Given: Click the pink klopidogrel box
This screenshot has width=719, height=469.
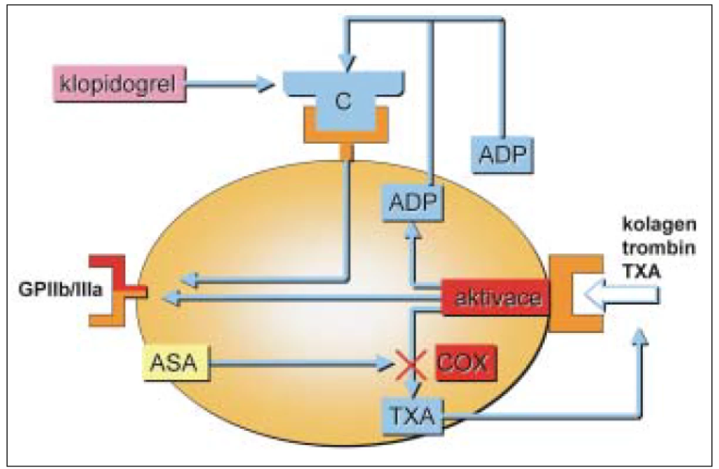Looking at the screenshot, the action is (119, 84).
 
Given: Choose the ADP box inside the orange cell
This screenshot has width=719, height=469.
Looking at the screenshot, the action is (413, 202).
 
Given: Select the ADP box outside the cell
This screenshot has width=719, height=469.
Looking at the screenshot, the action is (502, 155).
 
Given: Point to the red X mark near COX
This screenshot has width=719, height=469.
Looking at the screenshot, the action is (410, 365).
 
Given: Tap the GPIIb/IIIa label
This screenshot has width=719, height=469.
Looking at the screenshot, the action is (60, 290).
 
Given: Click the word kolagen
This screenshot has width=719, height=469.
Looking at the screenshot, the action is (659, 225).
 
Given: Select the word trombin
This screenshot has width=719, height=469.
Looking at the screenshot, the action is (659, 248).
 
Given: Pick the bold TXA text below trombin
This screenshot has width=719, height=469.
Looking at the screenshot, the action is (641, 272).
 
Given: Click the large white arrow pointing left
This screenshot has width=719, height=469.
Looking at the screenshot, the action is (622, 295).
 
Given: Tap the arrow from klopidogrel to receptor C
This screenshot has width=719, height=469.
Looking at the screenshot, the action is (229, 84).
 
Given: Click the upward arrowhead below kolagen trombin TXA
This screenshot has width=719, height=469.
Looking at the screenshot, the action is (641, 338).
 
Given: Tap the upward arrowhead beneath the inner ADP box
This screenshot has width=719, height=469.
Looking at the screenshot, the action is (413, 231).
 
